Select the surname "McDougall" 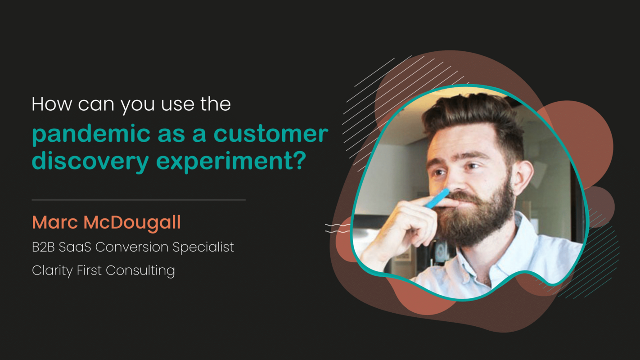(x=132, y=222)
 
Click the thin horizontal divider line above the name (x=139, y=199)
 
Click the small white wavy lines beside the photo (x=337, y=228)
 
